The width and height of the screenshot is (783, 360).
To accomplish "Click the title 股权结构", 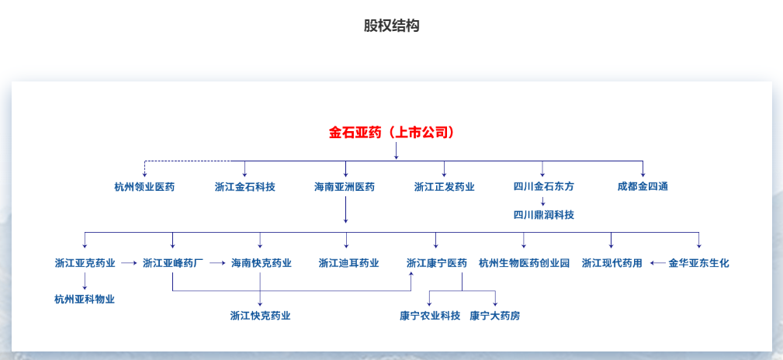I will pyautogui.click(x=391, y=26).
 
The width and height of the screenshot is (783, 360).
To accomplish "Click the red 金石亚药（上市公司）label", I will pyautogui.click(x=391, y=132).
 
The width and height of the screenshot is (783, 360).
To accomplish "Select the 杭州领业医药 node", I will pyautogui.click(x=144, y=186).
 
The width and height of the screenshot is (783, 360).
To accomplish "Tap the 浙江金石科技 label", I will pyautogui.click(x=244, y=186).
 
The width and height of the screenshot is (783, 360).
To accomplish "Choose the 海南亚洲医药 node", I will pyautogui.click(x=345, y=186).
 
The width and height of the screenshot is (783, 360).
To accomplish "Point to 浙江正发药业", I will pyautogui.click(x=444, y=186).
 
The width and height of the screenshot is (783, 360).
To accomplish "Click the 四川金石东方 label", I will pyautogui.click(x=543, y=186).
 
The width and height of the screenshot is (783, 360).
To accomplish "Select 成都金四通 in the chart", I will pyautogui.click(x=643, y=186).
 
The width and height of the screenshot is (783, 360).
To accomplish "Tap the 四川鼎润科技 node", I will pyautogui.click(x=543, y=214).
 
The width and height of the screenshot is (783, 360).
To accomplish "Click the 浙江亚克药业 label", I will pyautogui.click(x=85, y=263).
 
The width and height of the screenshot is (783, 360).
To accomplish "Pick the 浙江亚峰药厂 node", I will pyautogui.click(x=173, y=263).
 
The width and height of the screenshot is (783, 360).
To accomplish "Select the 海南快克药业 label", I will pyautogui.click(x=261, y=263).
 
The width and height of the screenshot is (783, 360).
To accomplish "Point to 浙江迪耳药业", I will pyautogui.click(x=348, y=263).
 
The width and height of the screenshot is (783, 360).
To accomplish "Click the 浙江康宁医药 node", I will pyautogui.click(x=436, y=263).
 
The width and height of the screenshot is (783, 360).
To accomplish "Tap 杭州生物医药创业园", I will pyautogui.click(x=524, y=263).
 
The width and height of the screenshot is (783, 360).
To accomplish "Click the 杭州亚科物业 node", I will pyautogui.click(x=85, y=299).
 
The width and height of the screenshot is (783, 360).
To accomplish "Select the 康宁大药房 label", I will pyautogui.click(x=494, y=316).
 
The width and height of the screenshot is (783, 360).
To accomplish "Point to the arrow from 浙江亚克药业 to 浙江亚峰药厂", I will pyautogui.click(x=129, y=263).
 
